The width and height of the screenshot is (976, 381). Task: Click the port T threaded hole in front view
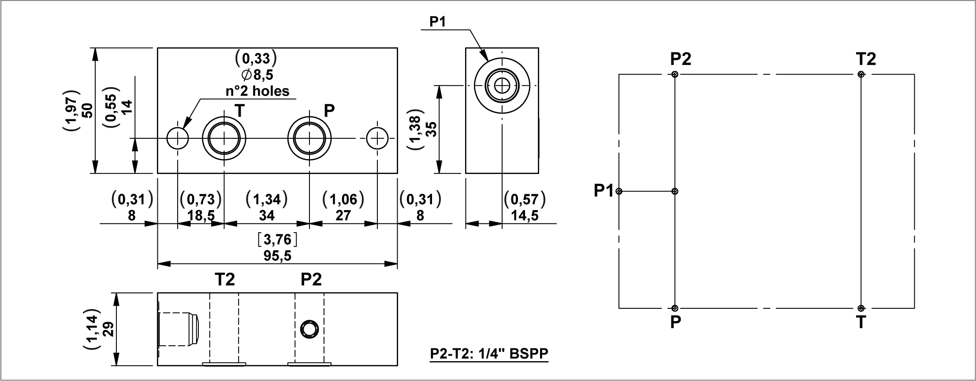[224, 139]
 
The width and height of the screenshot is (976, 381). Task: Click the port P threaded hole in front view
[309, 139]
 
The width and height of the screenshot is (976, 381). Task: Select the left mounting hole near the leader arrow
[178, 139]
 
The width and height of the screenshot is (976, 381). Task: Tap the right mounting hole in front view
[377, 139]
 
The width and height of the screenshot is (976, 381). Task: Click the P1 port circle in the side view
[502, 86]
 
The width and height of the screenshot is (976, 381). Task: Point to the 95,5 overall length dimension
[278, 256]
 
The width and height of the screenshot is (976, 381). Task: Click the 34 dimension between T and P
[267, 215]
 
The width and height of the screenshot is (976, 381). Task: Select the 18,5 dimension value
[201, 215]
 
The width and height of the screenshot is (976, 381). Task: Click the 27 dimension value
[343, 215]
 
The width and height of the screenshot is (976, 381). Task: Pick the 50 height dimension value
[87, 110]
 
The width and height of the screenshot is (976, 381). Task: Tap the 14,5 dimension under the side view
[525, 215]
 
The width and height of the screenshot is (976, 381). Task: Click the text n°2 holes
[257, 91]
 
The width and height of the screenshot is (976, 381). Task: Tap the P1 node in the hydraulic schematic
[619, 191]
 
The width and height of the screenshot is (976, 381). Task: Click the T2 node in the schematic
[861, 74]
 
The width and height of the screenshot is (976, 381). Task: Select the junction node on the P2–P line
[675, 191]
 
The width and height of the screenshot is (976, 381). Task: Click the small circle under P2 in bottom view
[309, 329]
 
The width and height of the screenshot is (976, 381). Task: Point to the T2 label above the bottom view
[225, 279]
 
